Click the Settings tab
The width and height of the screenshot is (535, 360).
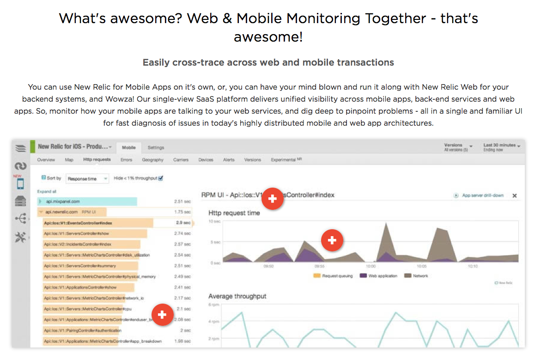156,147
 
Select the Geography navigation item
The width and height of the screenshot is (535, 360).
152,160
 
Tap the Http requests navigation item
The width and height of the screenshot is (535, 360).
97,160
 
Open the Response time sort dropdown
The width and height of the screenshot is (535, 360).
87,178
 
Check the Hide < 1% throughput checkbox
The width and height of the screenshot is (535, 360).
161,178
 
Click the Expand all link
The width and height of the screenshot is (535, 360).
47,191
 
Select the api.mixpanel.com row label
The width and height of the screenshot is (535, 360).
63,201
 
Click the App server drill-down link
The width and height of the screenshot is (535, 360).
482,195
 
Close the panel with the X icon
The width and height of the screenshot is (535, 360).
514,196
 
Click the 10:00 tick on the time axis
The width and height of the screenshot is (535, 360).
371,266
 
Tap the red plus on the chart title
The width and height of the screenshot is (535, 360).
272,199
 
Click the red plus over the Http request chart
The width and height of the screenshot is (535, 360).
332,240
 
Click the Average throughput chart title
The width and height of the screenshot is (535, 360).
237,296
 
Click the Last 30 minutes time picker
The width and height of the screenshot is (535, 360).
502,147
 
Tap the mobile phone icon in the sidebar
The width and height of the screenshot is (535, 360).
20,183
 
